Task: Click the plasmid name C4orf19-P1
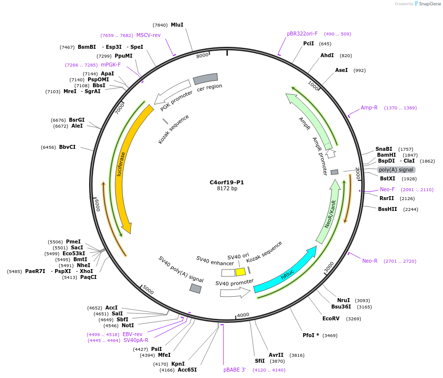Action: click(x=226, y=182)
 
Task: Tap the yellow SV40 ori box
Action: click(x=240, y=272)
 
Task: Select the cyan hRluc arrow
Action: click(x=285, y=271)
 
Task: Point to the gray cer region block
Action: click(x=205, y=78)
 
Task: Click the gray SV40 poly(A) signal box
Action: click(x=195, y=289)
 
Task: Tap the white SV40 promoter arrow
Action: click(x=235, y=293)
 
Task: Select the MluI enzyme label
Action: click(x=177, y=25)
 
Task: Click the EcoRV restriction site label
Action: click(x=331, y=318)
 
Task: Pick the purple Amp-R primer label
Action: click(x=369, y=107)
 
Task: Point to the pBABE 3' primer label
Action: click(x=234, y=370)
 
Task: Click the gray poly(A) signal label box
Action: click(x=396, y=170)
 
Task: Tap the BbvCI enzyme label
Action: click(x=67, y=147)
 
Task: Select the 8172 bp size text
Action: click(x=227, y=189)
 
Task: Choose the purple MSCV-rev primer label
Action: click(x=148, y=35)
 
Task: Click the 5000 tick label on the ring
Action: click(x=148, y=291)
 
